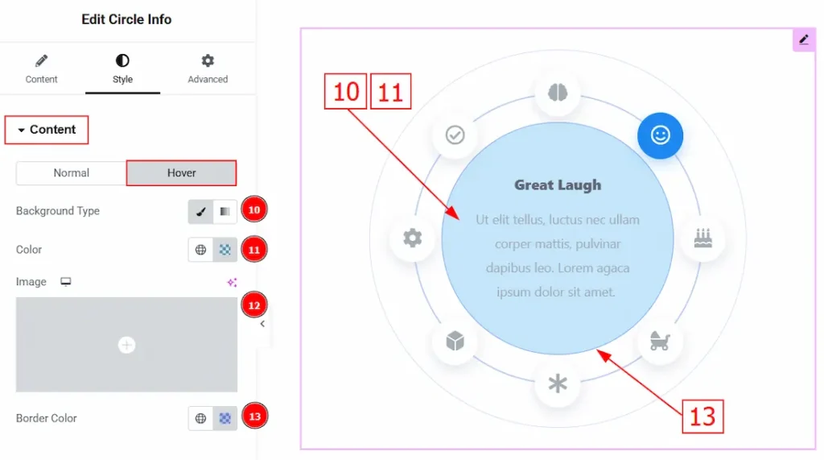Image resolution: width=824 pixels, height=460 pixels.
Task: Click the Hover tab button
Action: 181,172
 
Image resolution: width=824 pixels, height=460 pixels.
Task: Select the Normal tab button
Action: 71,172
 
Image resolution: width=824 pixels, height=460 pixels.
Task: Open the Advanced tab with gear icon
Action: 208,68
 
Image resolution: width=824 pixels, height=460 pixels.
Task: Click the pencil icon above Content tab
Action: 42,61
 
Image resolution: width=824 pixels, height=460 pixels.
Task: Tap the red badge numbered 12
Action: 254,305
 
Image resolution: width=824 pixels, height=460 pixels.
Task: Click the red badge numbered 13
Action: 254,416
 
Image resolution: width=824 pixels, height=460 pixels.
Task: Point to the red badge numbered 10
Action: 254,210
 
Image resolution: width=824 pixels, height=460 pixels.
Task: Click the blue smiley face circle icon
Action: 660,135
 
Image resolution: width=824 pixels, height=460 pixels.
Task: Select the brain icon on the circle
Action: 558,93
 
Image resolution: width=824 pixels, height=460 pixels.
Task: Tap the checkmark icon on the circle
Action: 455,135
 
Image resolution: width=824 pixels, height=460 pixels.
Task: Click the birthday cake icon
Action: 703,238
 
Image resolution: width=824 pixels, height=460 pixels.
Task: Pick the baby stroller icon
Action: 660,341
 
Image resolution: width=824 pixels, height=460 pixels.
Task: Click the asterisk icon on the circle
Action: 558,383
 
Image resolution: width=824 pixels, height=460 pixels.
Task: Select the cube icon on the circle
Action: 455,341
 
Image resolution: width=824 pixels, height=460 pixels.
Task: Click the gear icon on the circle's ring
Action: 413,238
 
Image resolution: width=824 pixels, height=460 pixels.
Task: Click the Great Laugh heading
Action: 558,184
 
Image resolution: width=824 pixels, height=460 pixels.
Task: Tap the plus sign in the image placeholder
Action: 126,345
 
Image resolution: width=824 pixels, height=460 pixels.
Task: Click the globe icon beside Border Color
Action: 200,418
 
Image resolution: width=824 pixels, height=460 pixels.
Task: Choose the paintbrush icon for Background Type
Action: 200,212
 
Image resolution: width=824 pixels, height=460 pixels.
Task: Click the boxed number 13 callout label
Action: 702,416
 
